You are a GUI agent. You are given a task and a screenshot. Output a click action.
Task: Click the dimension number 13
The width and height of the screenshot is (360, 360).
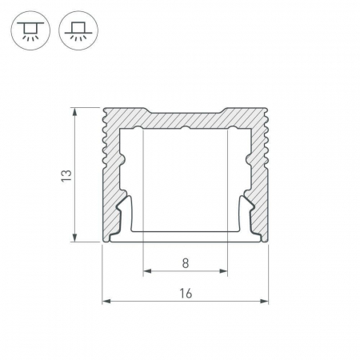click(x=66, y=176)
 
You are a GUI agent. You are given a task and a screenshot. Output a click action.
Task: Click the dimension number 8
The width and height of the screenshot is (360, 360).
click(x=186, y=263)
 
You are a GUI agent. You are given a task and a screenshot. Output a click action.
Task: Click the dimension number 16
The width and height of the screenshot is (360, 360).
click(x=186, y=294)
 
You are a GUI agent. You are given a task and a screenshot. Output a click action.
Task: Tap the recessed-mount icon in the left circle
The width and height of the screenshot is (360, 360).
click(x=30, y=30)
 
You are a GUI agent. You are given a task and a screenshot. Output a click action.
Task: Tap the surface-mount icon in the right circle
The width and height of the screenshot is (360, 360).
click(x=78, y=30)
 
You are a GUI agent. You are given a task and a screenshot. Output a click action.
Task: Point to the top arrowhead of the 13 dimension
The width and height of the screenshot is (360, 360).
click(x=75, y=112)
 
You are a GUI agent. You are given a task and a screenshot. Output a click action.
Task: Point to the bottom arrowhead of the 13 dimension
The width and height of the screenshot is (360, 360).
click(x=75, y=238)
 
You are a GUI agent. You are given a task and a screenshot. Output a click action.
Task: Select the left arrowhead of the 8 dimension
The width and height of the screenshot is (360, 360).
click(x=147, y=271)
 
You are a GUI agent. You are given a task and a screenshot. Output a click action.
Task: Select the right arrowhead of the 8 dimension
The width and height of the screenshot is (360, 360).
click(x=223, y=271)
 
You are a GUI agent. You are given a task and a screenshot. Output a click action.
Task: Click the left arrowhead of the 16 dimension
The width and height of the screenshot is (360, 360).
click(x=106, y=302)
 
